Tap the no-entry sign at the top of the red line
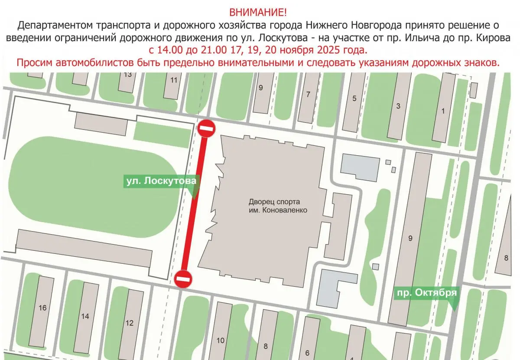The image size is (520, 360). [x=207, y=128]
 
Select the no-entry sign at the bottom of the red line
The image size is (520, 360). [x=183, y=278]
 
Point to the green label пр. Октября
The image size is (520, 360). [x=426, y=293]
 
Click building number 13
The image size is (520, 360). [x=127, y=74]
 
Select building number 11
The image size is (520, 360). [x=174, y=80]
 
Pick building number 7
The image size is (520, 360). [x=308, y=94]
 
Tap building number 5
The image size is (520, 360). [x=354, y=98]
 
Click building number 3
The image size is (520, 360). [x=398, y=106]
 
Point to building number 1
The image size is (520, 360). [x=442, y=111]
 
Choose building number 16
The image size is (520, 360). [x=42, y=308]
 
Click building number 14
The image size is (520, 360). [x=85, y=316]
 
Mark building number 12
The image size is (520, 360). [x=129, y=323]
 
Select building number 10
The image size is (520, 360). [x=220, y=340]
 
